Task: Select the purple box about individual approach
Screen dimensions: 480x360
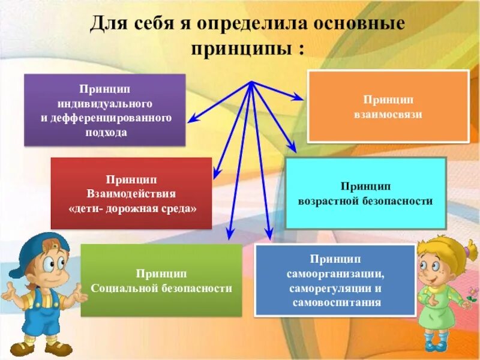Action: point(105,110)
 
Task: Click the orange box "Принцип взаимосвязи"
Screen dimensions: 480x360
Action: point(388,106)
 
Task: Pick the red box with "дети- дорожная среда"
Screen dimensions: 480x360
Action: point(131,193)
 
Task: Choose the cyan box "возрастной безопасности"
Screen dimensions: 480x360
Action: point(365,193)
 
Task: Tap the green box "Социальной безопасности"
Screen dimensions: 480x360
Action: point(161,280)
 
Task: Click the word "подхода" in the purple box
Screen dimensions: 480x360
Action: point(106,133)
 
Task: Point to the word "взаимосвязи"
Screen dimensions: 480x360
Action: point(388,114)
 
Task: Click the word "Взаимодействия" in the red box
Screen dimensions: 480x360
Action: point(131,194)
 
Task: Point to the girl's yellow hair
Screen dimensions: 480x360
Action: point(447,252)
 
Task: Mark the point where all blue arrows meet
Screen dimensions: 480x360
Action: point(251,82)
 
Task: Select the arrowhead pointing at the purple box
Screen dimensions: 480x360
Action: point(191,121)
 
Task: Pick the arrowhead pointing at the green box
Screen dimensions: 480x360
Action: point(229,236)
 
